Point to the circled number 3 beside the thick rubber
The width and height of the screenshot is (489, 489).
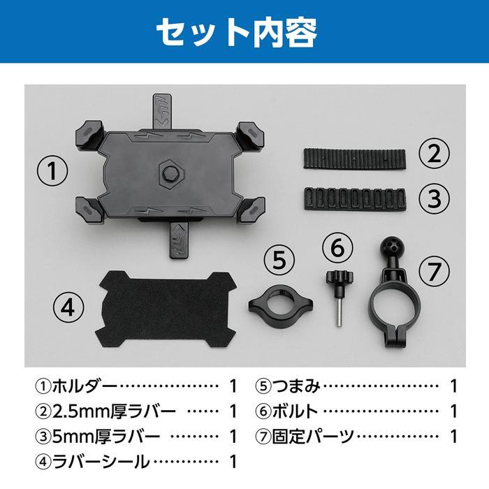click(x=435, y=198)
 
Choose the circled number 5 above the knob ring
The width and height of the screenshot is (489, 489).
click(x=279, y=261)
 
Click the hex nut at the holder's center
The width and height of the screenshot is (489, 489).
click(x=170, y=171)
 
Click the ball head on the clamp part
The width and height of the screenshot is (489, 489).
click(x=388, y=249)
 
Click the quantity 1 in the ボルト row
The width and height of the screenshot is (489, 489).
click(x=453, y=411)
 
